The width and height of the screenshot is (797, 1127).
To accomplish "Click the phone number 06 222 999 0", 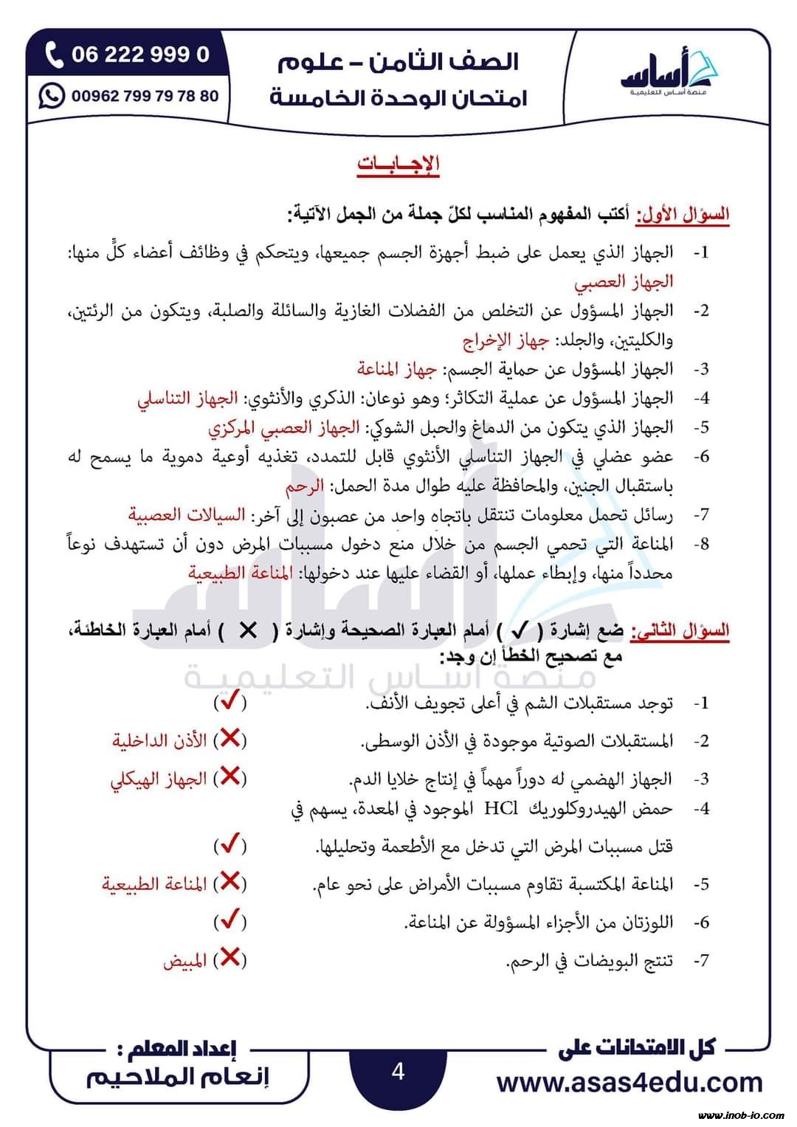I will [140, 55].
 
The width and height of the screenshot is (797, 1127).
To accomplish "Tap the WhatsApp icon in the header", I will [52, 96].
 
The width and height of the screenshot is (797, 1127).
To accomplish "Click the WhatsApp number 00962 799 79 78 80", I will [145, 96].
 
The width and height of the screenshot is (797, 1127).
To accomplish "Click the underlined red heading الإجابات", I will [398, 164].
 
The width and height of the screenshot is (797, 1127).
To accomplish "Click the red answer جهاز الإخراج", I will [506, 340].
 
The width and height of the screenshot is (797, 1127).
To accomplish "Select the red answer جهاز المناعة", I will [397, 369].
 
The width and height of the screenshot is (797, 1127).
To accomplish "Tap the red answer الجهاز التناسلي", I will [187, 399].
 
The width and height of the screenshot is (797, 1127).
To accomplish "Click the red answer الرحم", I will [305, 486].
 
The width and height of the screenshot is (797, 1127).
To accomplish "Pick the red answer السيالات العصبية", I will [186, 514].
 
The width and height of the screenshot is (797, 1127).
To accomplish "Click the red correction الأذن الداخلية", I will [159, 740].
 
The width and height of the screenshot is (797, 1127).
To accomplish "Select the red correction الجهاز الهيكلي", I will [158, 779].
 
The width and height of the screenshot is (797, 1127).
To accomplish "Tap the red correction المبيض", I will [184, 961].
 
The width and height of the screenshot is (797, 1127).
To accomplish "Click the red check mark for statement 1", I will [230, 701].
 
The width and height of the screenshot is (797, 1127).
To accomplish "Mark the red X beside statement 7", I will [230, 958].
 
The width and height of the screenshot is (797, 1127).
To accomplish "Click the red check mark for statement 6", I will [230, 920].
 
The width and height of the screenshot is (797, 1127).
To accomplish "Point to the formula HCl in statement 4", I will [501, 808].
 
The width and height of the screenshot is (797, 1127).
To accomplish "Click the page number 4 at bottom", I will [398, 1071].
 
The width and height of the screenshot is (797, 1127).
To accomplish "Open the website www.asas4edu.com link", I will [629, 1082].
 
